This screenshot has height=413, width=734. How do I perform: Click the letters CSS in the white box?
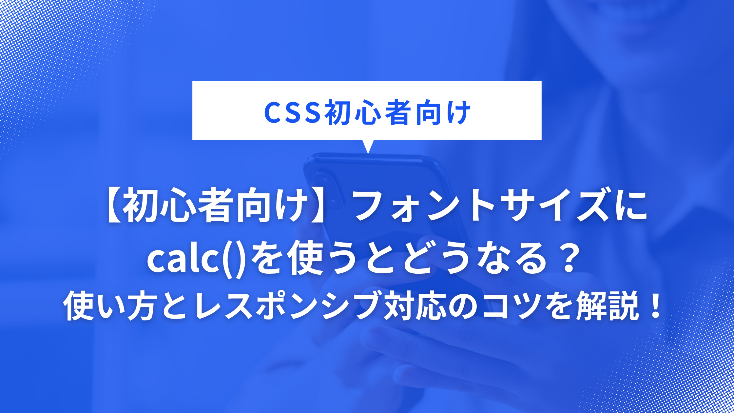pos(292,113)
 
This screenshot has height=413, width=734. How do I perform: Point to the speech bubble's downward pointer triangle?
pos(368,146)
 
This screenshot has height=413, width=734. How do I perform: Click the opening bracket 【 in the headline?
pos(114,206)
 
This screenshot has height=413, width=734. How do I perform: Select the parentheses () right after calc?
pos(234,259)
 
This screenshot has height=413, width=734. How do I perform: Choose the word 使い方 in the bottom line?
pos(108,306)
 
